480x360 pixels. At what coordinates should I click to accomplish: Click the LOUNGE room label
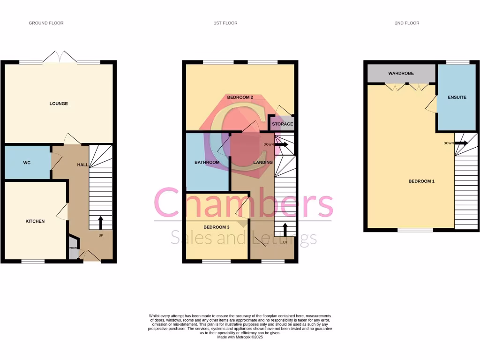(59, 104)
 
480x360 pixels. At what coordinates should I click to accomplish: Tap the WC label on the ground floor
(27, 163)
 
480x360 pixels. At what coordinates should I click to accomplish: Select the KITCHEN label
(35, 221)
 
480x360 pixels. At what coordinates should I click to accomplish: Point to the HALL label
(82, 165)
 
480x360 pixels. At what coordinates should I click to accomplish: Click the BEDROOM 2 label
(240, 97)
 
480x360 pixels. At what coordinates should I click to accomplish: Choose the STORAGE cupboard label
(283, 124)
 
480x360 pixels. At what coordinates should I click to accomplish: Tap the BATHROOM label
(207, 163)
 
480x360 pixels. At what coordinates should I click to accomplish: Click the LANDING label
(263, 163)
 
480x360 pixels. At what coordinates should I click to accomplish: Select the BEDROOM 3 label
(217, 227)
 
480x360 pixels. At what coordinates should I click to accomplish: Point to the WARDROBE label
(401, 74)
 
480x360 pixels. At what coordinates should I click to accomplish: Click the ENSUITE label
(457, 97)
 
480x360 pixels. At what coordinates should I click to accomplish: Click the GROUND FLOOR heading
(46, 23)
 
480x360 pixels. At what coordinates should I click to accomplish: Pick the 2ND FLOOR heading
(407, 23)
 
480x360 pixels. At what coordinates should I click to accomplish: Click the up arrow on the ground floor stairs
(100, 222)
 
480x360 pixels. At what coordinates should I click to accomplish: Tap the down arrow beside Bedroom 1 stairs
(462, 143)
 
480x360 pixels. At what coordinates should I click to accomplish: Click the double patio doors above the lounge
(60, 58)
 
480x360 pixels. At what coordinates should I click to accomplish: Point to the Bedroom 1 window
(415, 230)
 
